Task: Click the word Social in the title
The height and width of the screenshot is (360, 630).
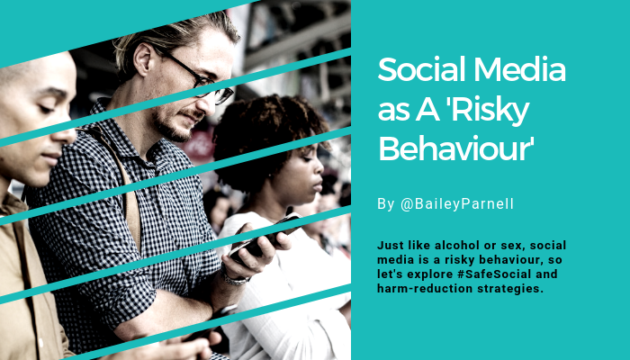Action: pyautogui.click(x=422, y=69)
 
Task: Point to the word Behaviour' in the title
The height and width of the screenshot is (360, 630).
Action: pyautogui.click(x=456, y=148)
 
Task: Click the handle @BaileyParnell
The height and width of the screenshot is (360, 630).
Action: pyautogui.click(x=457, y=204)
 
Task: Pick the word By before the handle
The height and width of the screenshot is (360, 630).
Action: pyautogui.click(x=386, y=204)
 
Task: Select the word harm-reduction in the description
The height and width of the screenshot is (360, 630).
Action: pyautogui.click(x=425, y=289)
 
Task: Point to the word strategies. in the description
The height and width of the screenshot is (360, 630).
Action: pyautogui.click(x=510, y=289)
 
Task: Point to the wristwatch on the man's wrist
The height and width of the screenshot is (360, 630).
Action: pyautogui.click(x=235, y=277)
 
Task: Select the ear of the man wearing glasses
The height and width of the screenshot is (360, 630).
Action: pyautogui.click(x=143, y=59)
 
